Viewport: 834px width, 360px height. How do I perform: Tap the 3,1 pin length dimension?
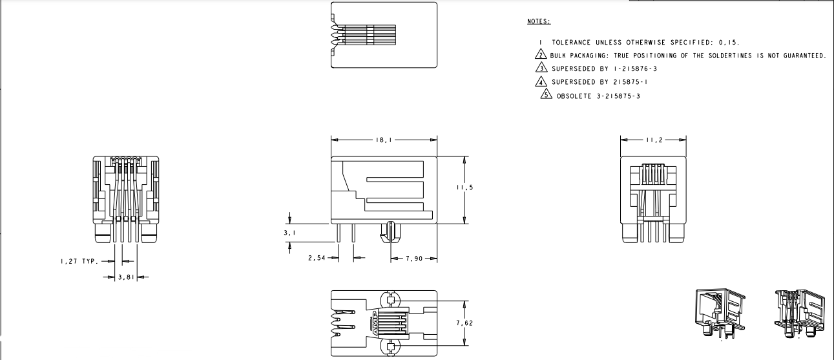coord(290,231)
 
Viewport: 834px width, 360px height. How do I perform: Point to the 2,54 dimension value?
coord(317,259)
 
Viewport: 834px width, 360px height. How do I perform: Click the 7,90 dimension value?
coord(414,259)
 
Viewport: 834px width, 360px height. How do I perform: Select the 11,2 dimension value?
coord(654,140)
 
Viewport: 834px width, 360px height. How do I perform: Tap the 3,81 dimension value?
coord(123,277)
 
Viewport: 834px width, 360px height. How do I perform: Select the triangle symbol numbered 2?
coord(543,56)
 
